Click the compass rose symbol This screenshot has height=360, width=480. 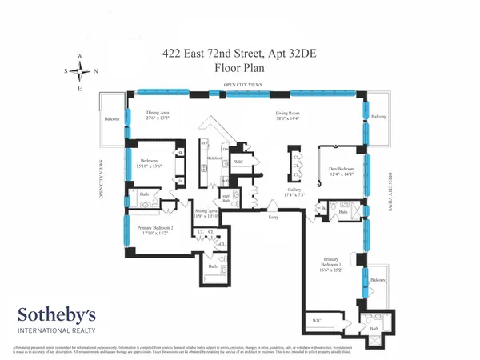point(79,70)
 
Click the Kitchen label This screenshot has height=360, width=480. point(214,158)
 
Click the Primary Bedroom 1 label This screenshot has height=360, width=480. point(334,262)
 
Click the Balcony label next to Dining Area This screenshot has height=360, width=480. point(110,119)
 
